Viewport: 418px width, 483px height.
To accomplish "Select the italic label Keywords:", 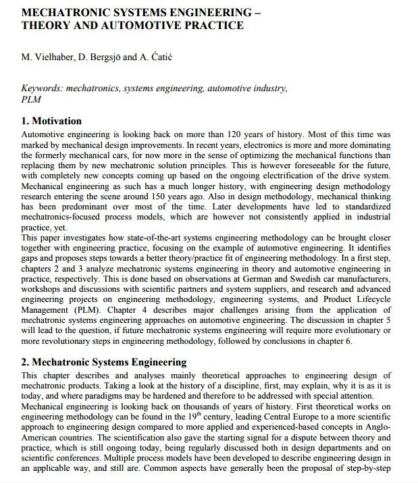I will coord(43,88).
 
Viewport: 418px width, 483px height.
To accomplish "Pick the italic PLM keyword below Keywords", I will coord(31,99).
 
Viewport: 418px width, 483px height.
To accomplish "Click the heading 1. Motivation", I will coord(51,122).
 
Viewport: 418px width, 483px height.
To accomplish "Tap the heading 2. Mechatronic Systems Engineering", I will coord(104,362).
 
